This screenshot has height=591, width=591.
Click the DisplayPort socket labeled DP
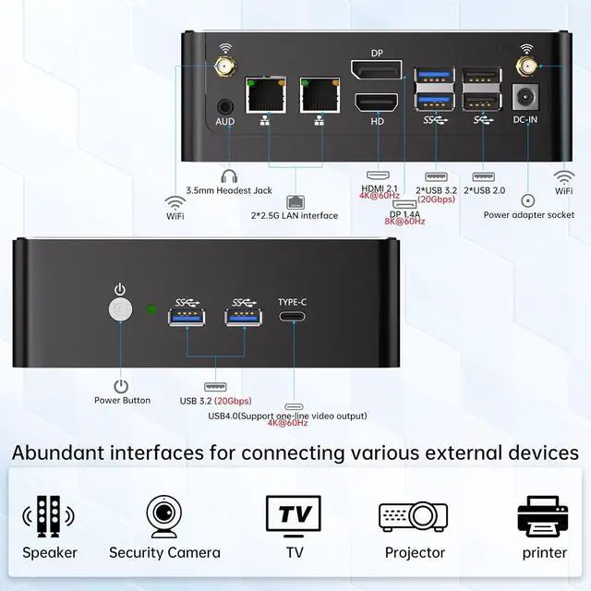click(376, 69)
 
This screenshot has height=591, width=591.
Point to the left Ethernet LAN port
click(265, 96)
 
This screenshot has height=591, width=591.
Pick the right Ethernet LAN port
click(319, 96)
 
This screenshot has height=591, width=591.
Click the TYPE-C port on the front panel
click(293, 318)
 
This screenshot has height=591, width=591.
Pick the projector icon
click(413, 516)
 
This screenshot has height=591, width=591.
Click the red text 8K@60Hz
click(403, 222)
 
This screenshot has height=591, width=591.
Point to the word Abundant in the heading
click(58, 452)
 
